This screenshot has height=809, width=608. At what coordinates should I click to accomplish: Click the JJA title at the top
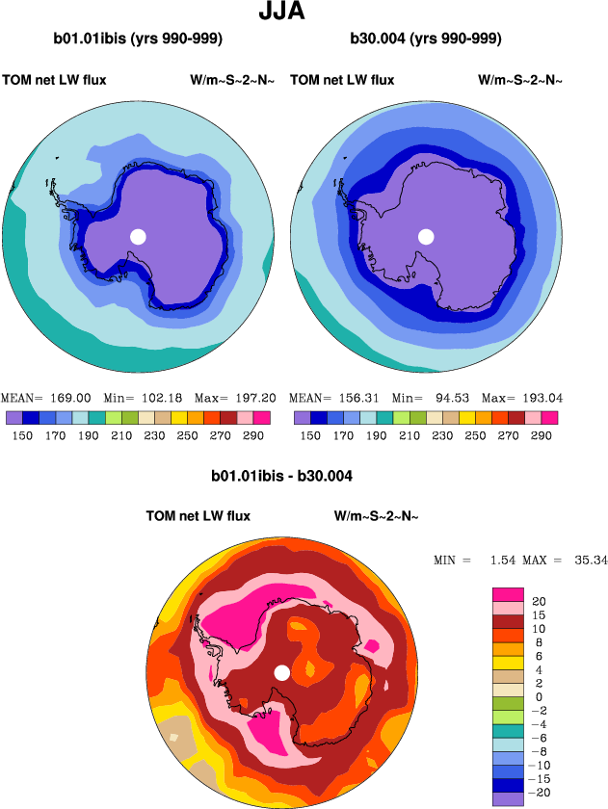[x=304, y=13]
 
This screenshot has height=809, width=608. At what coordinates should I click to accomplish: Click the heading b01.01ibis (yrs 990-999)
[x=139, y=39]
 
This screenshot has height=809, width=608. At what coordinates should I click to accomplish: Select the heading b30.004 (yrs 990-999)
[x=426, y=39]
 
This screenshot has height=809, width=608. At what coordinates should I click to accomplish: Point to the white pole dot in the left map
[x=138, y=236]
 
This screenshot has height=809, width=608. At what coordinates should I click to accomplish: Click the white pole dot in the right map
[x=426, y=236]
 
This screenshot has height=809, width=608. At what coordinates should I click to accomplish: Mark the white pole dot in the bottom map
[x=281, y=672]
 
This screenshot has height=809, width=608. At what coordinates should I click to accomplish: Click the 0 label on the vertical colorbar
[x=538, y=696]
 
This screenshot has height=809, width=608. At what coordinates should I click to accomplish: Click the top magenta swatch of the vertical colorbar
[x=508, y=593]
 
